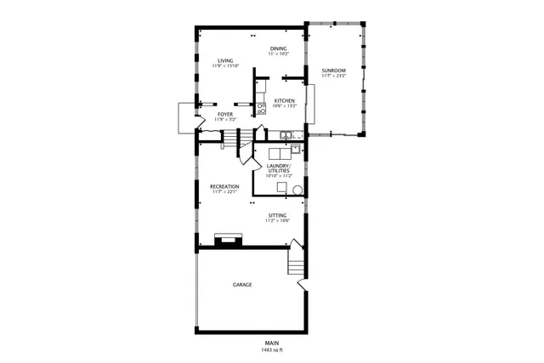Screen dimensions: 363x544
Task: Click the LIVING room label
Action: (x=225, y=60)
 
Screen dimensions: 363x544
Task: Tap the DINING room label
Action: (x=279, y=48)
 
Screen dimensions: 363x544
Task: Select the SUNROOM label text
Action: (x=333, y=71)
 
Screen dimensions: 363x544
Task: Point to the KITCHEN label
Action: (x=284, y=101)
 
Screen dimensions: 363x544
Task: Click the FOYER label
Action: (x=225, y=114)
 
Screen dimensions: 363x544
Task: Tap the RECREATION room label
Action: (x=225, y=186)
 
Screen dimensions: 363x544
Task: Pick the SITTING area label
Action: (x=278, y=215)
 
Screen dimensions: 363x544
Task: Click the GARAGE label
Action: (x=242, y=285)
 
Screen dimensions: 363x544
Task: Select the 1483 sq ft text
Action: (x=272, y=349)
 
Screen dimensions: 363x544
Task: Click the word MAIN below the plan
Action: (x=272, y=343)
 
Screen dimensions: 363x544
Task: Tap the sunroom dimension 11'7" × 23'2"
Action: (x=333, y=77)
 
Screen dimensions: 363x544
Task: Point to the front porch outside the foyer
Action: (x=185, y=118)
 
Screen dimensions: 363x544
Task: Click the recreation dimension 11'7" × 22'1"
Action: (x=225, y=192)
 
